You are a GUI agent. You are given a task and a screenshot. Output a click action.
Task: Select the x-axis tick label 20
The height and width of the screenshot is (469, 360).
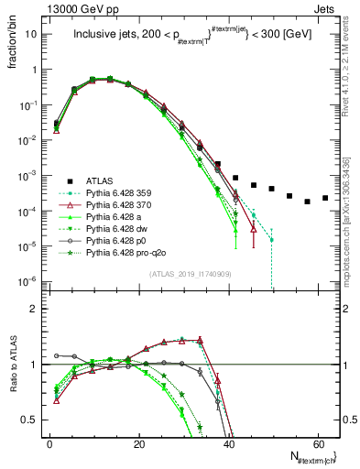click(x=139, y=446)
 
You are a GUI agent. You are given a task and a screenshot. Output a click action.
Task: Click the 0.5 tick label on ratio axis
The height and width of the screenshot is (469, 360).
click(x=30, y=420)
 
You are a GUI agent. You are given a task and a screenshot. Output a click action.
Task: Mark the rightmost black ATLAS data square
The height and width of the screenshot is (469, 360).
click(x=325, y=198)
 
